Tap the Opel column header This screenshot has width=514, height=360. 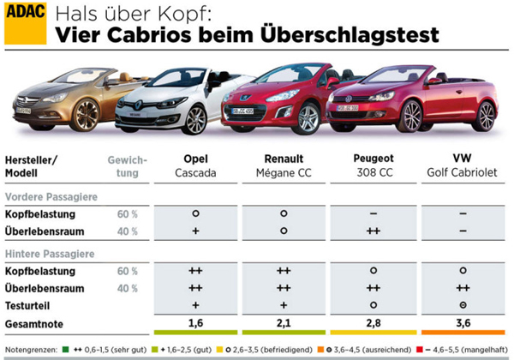(196, 159)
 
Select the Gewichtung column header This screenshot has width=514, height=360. (128, 166)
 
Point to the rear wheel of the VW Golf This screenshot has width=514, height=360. (485, 113)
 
